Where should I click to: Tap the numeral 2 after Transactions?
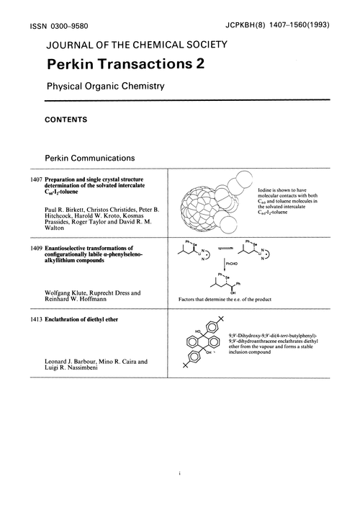pyautogui.click(x=197, y=64)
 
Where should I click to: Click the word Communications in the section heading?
pyautogui.click(x=112, y=156)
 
